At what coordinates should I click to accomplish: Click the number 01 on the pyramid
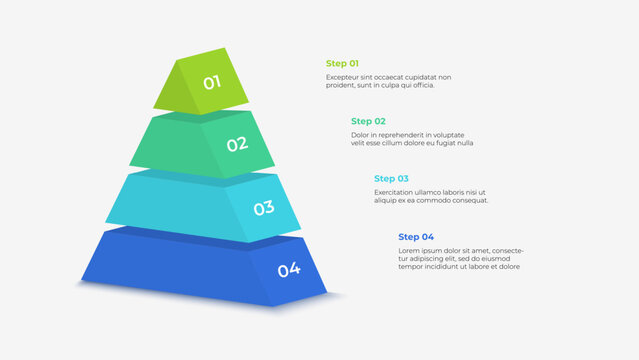212,82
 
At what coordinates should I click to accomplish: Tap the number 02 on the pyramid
237,144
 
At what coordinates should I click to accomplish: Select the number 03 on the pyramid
263,208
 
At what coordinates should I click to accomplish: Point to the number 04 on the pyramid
288,269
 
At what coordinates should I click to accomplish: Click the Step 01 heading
342,63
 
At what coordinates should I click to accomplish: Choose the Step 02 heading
368,121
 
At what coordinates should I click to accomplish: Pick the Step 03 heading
391,178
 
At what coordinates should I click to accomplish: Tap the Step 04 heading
415,237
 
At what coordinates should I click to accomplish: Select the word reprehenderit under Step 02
401,135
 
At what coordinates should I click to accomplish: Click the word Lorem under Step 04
408,251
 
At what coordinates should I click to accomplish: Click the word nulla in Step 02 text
464,143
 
